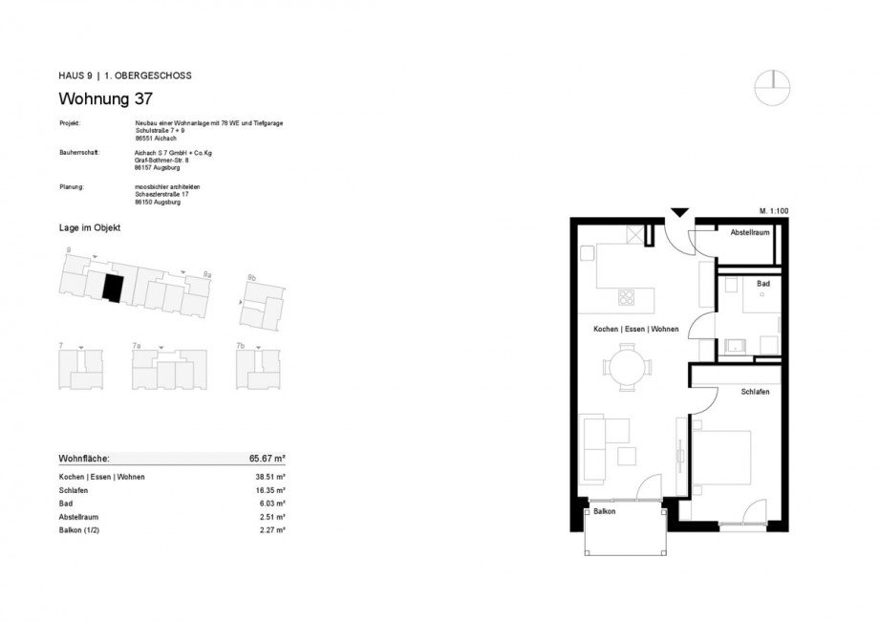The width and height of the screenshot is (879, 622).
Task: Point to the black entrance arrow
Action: tap(678, 213)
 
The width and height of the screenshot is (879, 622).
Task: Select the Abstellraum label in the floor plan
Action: tap(750, 233)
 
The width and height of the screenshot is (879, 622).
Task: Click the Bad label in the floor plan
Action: tap(762, 284)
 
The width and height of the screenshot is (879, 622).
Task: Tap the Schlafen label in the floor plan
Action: tap(755, 392)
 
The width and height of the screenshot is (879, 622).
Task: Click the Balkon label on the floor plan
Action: tap(604, 512)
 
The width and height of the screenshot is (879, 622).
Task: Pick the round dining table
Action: tap(628, 366)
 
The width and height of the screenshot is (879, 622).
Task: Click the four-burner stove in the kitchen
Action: tap(629, 297)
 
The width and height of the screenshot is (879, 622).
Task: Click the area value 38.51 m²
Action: tap(272, 476)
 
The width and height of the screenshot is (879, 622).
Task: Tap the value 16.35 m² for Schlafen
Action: tap(272, 489)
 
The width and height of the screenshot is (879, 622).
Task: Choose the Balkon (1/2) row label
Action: tap(81, 529)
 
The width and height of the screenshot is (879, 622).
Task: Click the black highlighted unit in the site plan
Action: tap(113, 288)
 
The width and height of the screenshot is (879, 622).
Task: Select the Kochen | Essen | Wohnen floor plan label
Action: tap(635, 329)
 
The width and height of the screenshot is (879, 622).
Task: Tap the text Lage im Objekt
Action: tap(90, 227)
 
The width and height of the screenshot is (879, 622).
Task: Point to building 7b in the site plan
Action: tap(261, 369)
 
